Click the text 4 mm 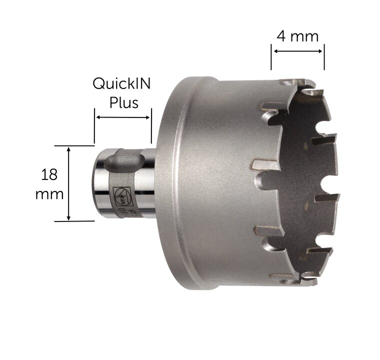click(297, 37)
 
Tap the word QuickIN click(121, 84)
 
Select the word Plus click(124, 102)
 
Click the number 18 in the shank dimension click(49, 174)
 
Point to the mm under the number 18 click(49, 194)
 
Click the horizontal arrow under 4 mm click(298, 51)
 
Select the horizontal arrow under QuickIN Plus click(123, 117)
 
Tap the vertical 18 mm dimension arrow click(69, 184)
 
